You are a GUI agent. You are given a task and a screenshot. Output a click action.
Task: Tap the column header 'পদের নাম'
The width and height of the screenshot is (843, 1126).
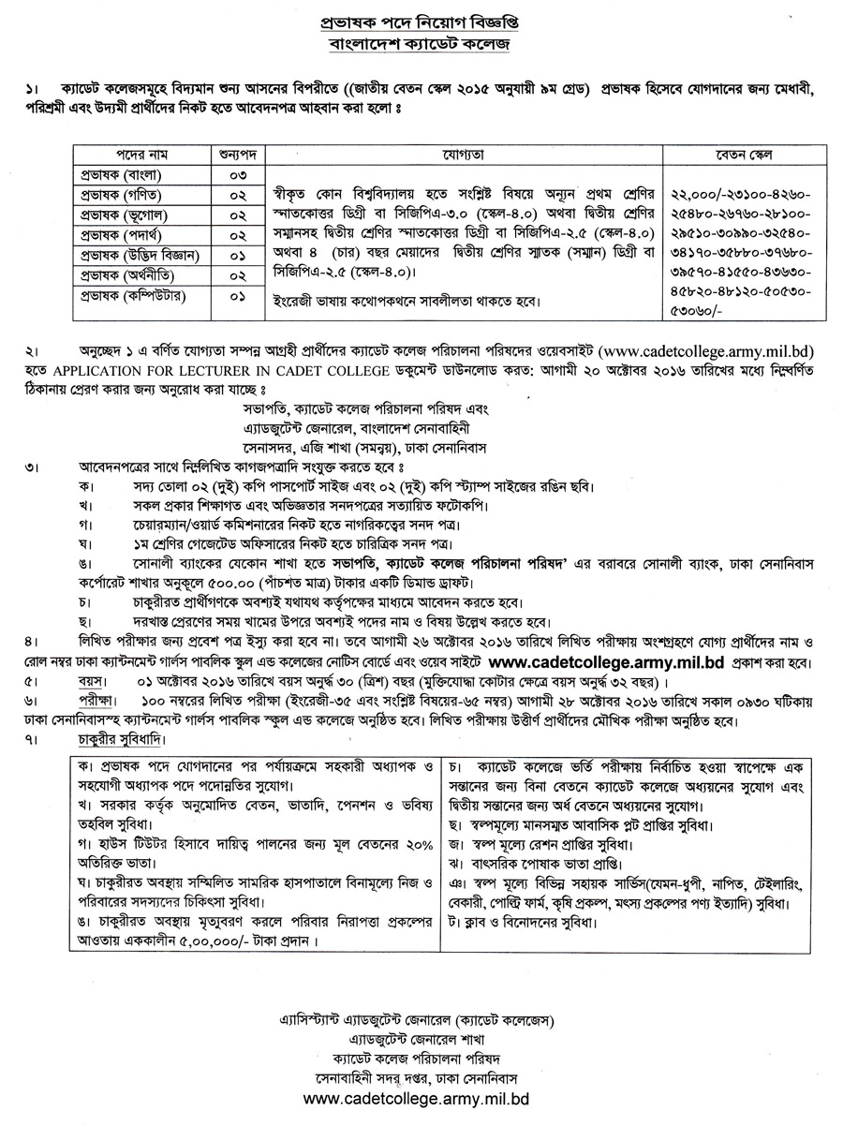128,152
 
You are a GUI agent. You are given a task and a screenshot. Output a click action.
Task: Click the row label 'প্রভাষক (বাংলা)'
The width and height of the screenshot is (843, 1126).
128,174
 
